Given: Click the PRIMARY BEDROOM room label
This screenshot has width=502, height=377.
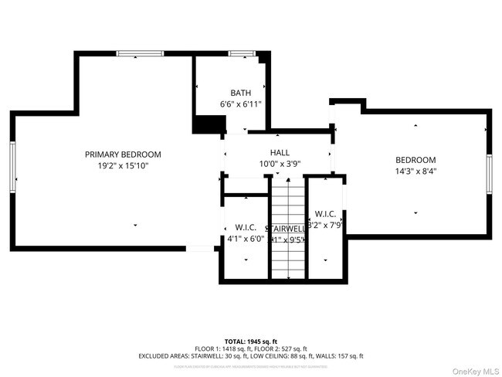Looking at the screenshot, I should tap(123, 155).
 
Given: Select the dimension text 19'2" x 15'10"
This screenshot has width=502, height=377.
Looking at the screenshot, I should tap(123, 165).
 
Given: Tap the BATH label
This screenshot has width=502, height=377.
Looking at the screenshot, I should tap(240, 93).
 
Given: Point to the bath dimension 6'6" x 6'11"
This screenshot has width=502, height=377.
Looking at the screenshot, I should tap(241, 104).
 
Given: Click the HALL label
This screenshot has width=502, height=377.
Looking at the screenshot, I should tap(280, 153).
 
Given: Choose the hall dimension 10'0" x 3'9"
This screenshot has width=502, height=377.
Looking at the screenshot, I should tap(280, 164).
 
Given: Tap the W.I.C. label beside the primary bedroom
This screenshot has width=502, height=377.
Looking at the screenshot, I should tap(246, 228).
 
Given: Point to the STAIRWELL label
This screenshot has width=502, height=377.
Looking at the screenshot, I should tap(287, 229).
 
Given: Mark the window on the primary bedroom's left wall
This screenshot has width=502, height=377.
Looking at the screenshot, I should tap(13, 166).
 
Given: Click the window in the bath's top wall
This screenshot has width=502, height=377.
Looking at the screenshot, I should tap(242, 53).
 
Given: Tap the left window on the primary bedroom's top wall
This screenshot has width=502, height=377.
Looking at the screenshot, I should tap(140, 53).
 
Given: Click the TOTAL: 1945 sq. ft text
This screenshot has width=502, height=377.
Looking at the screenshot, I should tap(250, 341).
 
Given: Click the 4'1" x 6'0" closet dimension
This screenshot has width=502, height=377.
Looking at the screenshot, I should tap(246, 239).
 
